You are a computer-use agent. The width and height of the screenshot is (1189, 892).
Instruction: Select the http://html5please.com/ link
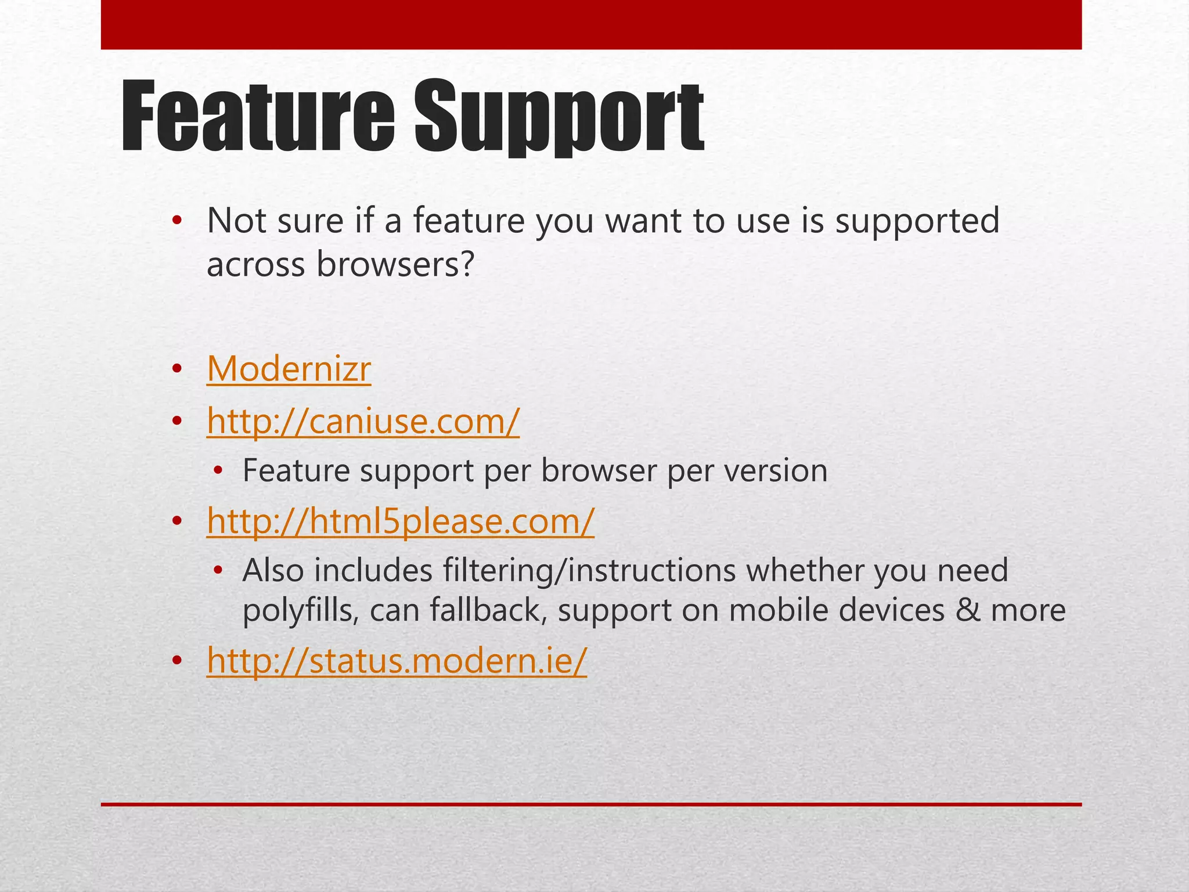click(x=401, y=520)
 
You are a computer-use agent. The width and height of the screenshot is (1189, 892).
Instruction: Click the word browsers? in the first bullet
click(x=396, y=265)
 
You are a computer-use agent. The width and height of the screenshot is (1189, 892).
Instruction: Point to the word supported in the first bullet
click(x=917, y=222)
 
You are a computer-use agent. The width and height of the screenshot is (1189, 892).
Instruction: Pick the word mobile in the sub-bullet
click(x=770, y=610)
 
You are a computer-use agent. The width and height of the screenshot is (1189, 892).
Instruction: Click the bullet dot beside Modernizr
click(x=177, y=369)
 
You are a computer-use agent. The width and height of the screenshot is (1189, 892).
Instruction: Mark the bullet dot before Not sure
click(x=177, y=221)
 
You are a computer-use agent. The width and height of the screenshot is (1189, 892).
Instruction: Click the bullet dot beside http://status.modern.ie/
click(x=177, y=661)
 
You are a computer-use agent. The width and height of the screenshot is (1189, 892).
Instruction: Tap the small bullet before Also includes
click(x=218, y=570)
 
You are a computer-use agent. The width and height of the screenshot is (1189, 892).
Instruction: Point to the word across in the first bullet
click(x=255, y=265)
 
